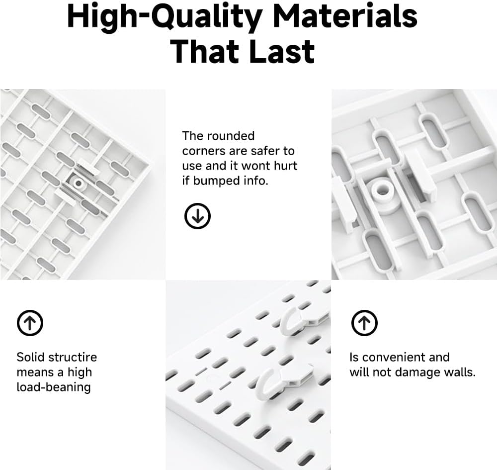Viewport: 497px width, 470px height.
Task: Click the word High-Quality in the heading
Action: pos(165,16)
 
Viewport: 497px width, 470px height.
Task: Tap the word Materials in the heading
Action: pos(345,16)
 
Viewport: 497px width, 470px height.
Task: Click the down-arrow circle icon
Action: pos(198,216)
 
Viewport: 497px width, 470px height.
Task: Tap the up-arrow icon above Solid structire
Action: pos(30,323)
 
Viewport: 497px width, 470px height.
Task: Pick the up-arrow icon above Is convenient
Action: pos(364,323)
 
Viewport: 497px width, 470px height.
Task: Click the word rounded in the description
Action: pos(230,136)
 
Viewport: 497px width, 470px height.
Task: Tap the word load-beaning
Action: pos(54,387)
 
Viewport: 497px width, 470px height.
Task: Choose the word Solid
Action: pos(31,357)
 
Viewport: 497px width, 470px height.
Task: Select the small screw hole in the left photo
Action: pos(78,183)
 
